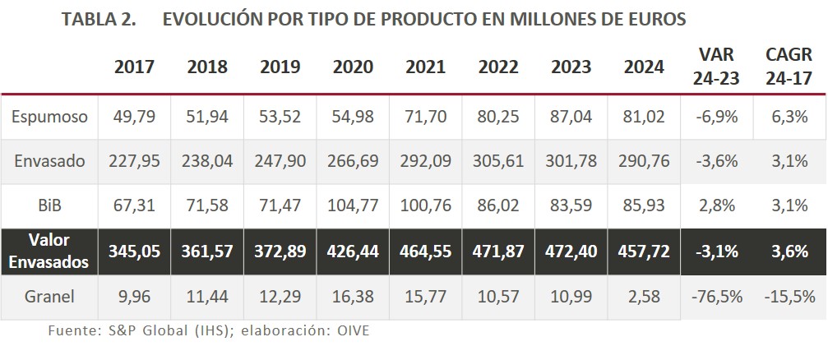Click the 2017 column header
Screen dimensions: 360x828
coord(134,67)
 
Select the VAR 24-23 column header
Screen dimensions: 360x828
coord(716,67)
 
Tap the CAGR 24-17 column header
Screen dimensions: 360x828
coord(789,67)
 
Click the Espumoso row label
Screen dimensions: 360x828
coord(49,117)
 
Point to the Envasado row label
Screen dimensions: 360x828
coord(49,161)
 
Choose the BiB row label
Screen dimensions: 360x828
coord(49,205)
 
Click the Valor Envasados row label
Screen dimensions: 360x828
coord(49,250)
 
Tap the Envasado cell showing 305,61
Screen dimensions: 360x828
coord(499,161)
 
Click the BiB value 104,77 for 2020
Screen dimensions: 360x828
coord(353,205)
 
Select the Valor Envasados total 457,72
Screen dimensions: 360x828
coord(645,250)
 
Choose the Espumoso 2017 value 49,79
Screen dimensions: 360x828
coord(134,117)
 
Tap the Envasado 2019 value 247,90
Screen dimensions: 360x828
coord(280,161)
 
